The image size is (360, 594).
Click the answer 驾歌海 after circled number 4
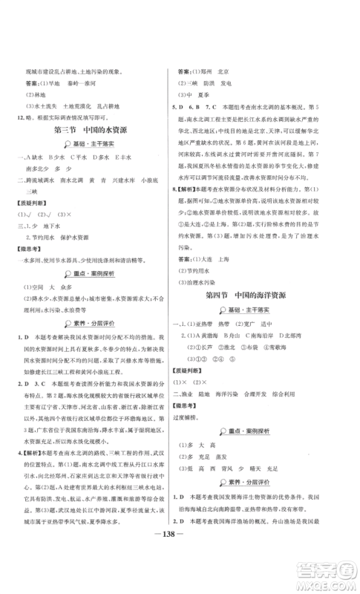297,347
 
